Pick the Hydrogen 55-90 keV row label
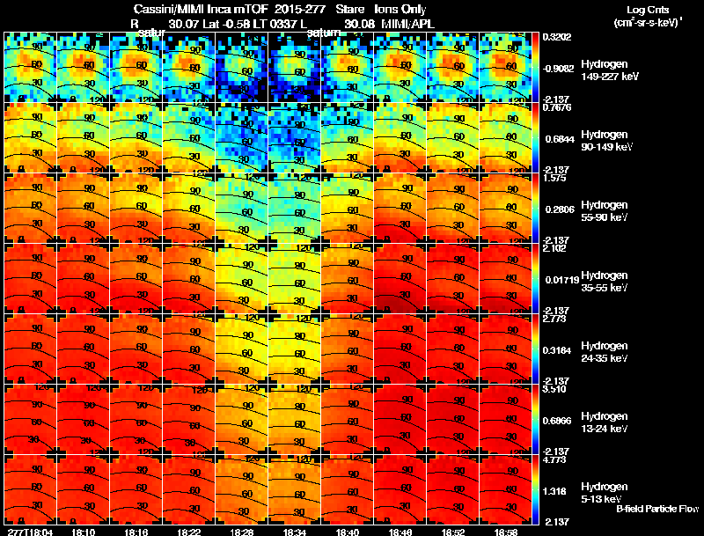(x=603, y=211)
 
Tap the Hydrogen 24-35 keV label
(x=603, y=352)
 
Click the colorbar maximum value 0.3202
(x=556, y=37)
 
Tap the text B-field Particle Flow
(x=657, y=509)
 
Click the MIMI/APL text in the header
(x=407, y=23)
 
